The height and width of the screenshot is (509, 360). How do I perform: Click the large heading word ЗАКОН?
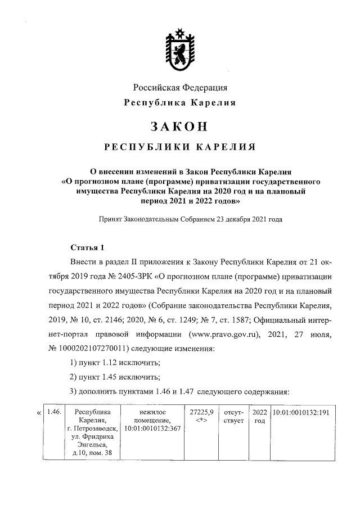pyautogui.click(x=180, y=125)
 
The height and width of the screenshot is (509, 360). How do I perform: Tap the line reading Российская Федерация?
pyautogui.click(x=180, y=88)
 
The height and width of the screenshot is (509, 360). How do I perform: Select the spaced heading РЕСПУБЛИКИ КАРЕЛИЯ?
pyautogui.click(x=180, y=147)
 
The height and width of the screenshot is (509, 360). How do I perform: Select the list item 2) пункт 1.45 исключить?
pyautogui.click(x=115, y=377)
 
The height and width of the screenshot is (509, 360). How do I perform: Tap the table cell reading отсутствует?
pyautogui.click(x=233, y=417)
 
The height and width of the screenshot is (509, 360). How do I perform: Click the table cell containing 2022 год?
pyautogui.click(x=259, y=417)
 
